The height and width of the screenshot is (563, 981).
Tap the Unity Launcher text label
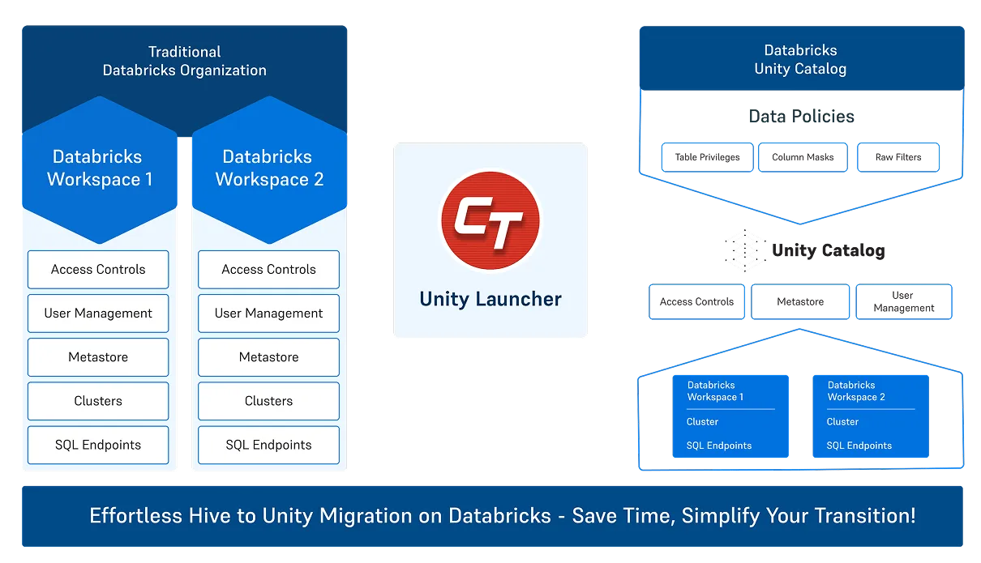pyautogui.click(x=491, y=299)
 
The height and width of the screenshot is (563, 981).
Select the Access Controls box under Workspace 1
pyautogui.click(x=98, y=270)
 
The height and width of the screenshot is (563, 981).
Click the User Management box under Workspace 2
pyautogui.click(x=268, y=313)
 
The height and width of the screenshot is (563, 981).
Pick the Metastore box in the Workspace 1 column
pyautogui.click(x=98, y=357)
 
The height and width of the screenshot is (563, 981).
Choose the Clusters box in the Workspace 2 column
pyautogui.click(x=268, y=401)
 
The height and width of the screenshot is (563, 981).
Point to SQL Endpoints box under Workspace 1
pyautogui.click(x=98, y=445)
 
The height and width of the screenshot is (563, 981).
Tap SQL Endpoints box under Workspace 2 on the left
pyautogui.click(x=268, y=445)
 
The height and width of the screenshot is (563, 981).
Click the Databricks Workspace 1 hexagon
pyautogui.click(x=99, y=168)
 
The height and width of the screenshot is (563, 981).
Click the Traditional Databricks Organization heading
pyautogui.click(x=184, y=61)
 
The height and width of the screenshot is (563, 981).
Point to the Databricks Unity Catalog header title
pyautogui.click(x=800, y=60)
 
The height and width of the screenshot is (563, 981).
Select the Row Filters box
pyautogui.click(x=897, y=158)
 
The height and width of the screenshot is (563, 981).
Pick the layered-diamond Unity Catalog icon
pyautogui.click(x=743, y=250)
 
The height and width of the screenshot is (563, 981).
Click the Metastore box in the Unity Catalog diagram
pyautogui.click(x=800, y=302)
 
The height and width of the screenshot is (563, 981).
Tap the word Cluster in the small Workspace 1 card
pyautogui.click(x=702, y=422)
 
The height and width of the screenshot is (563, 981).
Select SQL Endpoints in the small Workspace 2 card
pyautogui.click(x=859, y=446)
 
